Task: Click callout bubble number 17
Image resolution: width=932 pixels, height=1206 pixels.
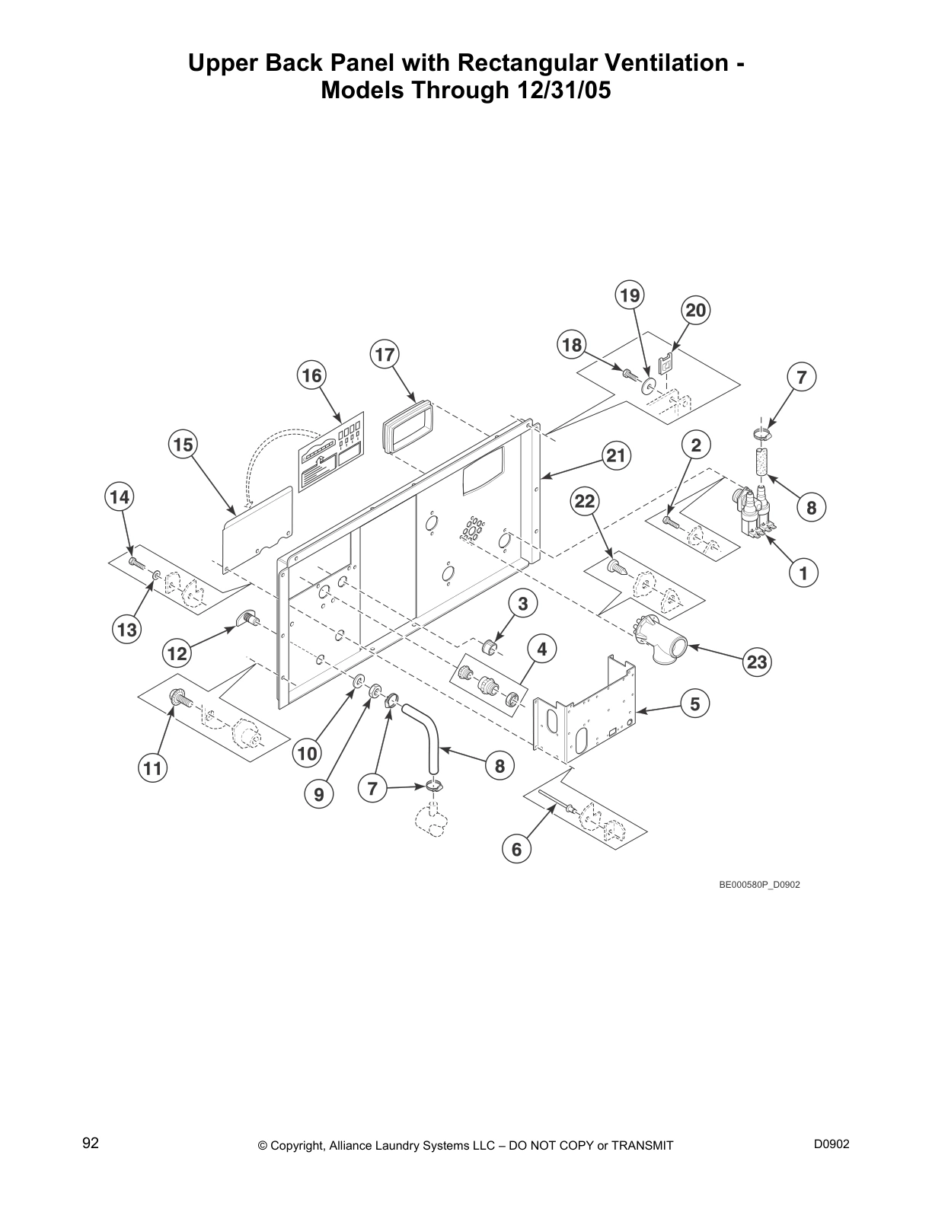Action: pos(385,355)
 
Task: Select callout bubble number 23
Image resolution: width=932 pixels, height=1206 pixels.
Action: pos(757,662)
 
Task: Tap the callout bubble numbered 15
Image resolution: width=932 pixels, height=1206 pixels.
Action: pos(184,444)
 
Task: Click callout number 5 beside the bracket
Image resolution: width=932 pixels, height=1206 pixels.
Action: pos(694,703)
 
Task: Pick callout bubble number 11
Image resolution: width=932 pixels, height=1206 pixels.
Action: pos(153,768)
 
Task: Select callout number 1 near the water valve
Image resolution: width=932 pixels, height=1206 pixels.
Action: pos(803,572)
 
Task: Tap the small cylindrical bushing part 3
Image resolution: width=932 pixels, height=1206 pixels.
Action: pos(490,649)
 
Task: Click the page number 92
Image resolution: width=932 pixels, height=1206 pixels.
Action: pos(91,1142)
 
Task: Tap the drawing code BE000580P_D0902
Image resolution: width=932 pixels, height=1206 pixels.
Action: pos(759,885)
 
